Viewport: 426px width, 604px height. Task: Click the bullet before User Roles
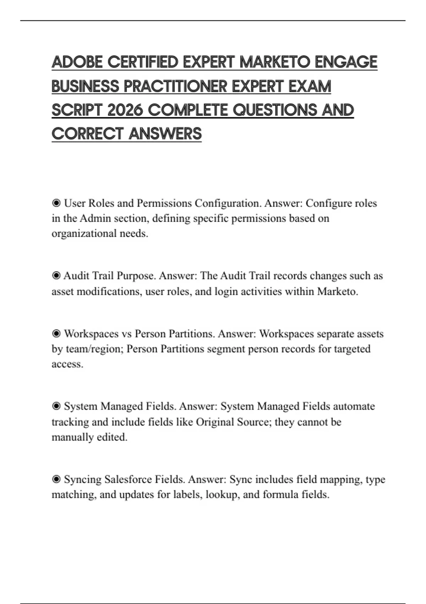(56, 203)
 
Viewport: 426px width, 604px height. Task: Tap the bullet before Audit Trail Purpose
(56, 276)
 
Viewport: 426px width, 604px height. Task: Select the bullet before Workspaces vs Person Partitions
(56, 334)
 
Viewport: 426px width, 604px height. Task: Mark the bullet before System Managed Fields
(56, 406)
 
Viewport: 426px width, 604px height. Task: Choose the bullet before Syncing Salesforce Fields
(56, 480)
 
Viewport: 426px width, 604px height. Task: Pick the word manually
(73, 437)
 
